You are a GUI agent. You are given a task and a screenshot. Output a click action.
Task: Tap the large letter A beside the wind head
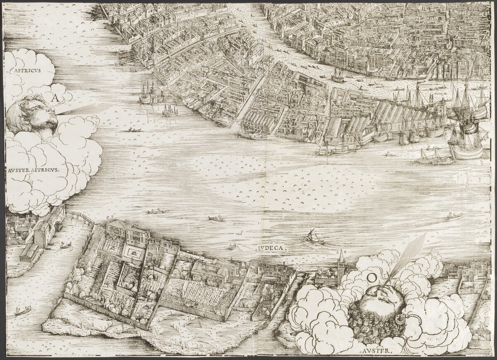(55, 98)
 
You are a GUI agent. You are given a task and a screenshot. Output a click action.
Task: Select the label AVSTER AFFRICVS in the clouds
(33, 170)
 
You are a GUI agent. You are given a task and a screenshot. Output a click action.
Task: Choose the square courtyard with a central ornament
(133, 252)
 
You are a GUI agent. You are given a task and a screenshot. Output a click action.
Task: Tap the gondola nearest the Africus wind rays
(134, 130)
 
